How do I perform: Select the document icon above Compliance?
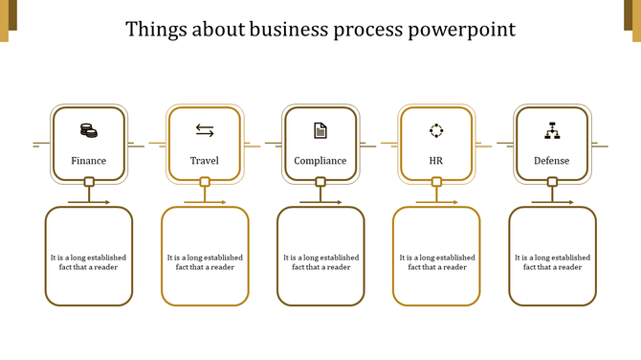tap(320, 130)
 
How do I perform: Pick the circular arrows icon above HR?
tap(436, 130)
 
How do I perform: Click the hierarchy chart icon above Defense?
tap(551, 130)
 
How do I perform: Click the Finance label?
tap(89, 161)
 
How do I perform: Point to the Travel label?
tap(205, 161)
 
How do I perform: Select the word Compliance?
tap(320, 161)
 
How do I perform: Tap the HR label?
tap(436, 161)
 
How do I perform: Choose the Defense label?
tap(551, 161)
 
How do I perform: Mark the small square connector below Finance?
tap(89, 182)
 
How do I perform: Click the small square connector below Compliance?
tap(320, 182)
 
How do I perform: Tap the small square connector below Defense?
tap(552, 182)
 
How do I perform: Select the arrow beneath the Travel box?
tap(205, 202)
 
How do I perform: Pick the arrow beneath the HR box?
tap(436, 202)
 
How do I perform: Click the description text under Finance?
tap(89, 262)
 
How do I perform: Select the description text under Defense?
tap(552, 262)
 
